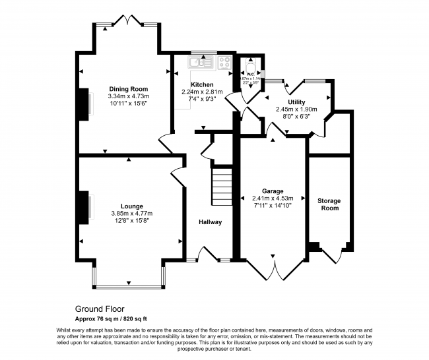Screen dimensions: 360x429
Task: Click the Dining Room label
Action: tap(129, 88)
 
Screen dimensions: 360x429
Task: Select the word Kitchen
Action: tap(202, 84)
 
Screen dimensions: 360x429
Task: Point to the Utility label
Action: tap(296, 102)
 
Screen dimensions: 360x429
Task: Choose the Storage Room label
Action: tap(329, 204)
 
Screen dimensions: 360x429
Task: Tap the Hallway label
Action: tap(211, 222)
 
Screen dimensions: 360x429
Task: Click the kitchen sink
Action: tap(197, 63)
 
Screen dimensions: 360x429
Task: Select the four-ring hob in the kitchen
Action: tap(224, 63)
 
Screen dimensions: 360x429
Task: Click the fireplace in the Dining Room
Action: tap(85, 104)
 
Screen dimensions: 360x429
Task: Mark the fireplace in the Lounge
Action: tap(85, 208)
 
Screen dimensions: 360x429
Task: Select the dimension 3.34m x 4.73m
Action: tap(129, 96)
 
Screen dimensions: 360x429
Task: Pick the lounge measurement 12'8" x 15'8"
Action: tap(131, 220)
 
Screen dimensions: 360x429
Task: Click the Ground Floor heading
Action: tap(99, 308)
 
